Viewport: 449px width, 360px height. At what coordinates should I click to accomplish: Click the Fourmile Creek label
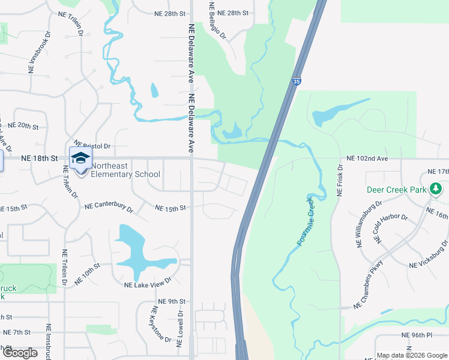coord(306,221)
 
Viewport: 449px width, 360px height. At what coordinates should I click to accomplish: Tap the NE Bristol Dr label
coord(93,146)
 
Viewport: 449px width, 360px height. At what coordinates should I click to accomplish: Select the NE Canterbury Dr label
coord(109,206)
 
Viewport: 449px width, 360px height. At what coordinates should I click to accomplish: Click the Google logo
coord(20,353)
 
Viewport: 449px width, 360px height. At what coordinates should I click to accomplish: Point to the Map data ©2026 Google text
coord(412,355)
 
